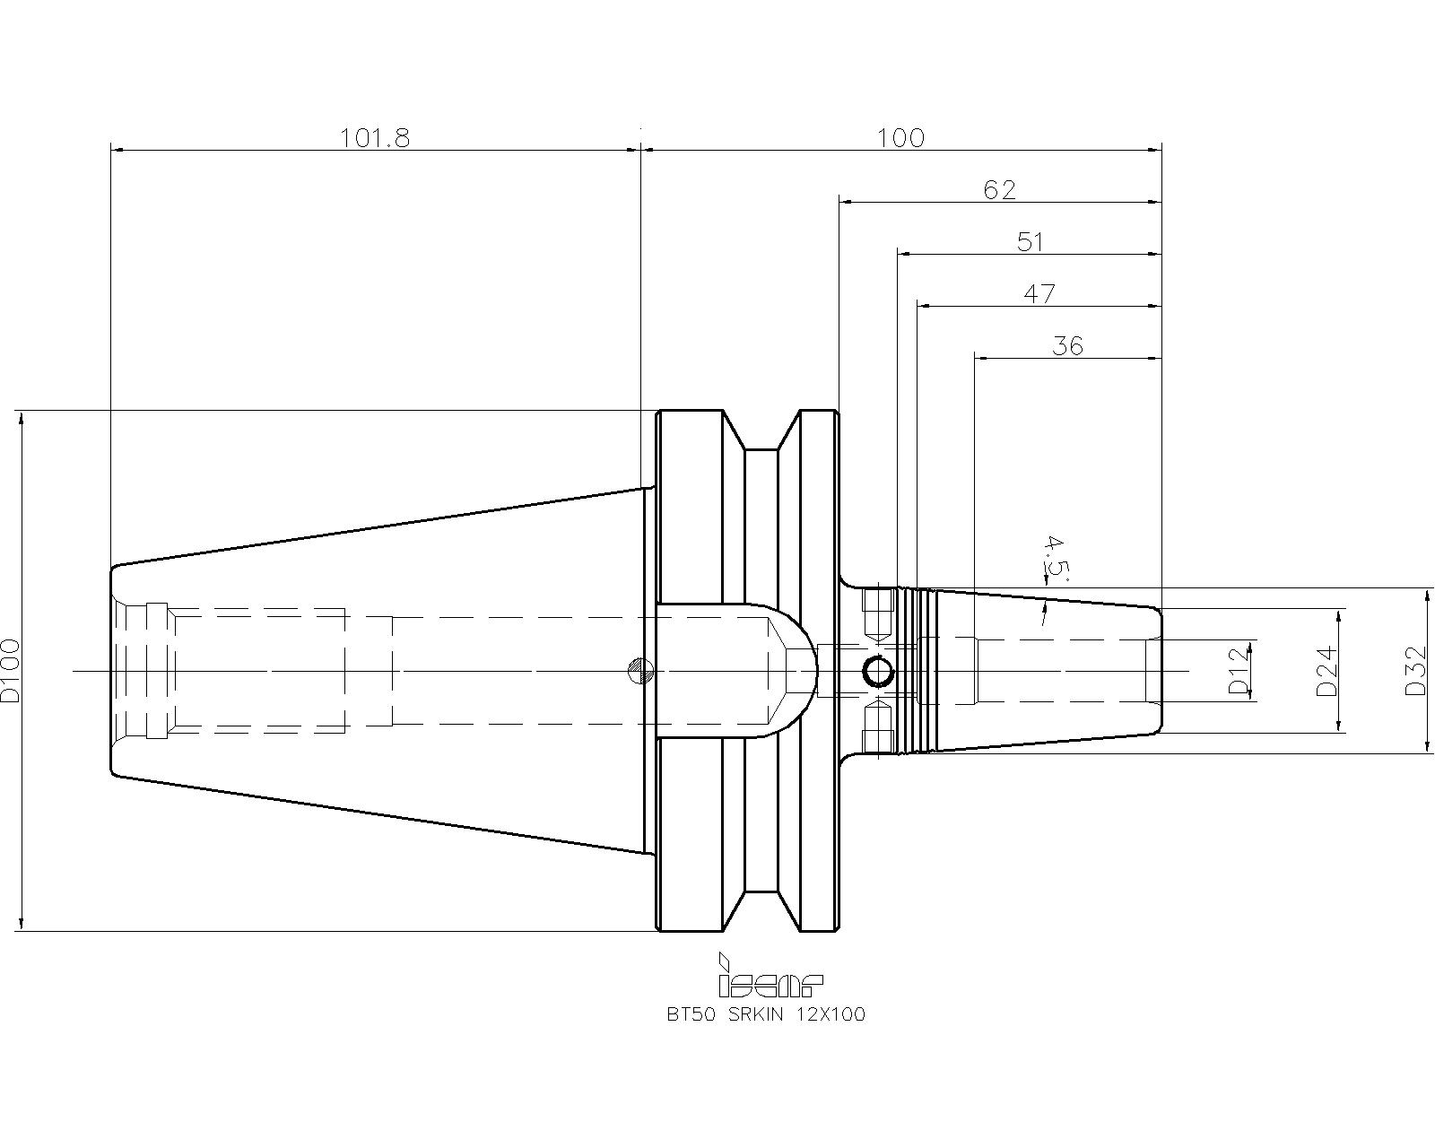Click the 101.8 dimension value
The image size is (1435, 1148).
tap(375, 138)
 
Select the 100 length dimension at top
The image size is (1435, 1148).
tap(900, 138)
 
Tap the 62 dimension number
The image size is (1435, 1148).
tap(999, 190)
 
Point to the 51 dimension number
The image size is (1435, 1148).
tap(1030, 242)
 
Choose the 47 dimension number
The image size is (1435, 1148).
tap(1039, 294)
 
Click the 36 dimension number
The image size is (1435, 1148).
tap(1067, 346)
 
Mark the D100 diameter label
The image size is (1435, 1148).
tap(11, 670)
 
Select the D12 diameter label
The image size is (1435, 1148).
tap(1239, 670)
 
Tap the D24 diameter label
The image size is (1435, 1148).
tap(1327, 670)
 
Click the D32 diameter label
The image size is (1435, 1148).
tap(1415, 670)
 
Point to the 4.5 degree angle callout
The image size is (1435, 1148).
tap(1054, 559)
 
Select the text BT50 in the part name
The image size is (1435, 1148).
tap(691, 1014)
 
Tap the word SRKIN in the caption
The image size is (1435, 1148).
tap(755, 1014)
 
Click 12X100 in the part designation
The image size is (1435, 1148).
tap(831, 1014)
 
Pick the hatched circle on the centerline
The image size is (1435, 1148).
tap(640, 670)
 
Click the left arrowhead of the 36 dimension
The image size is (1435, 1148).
tap(981, 358)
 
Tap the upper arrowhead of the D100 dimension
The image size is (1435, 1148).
tap(22, 419)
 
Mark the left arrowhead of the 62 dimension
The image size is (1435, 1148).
tap(846, 202)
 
